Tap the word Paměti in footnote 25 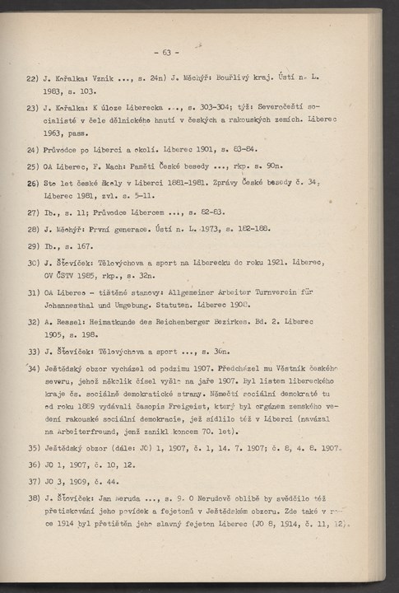pyautogui.click(x=142, y=166)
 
